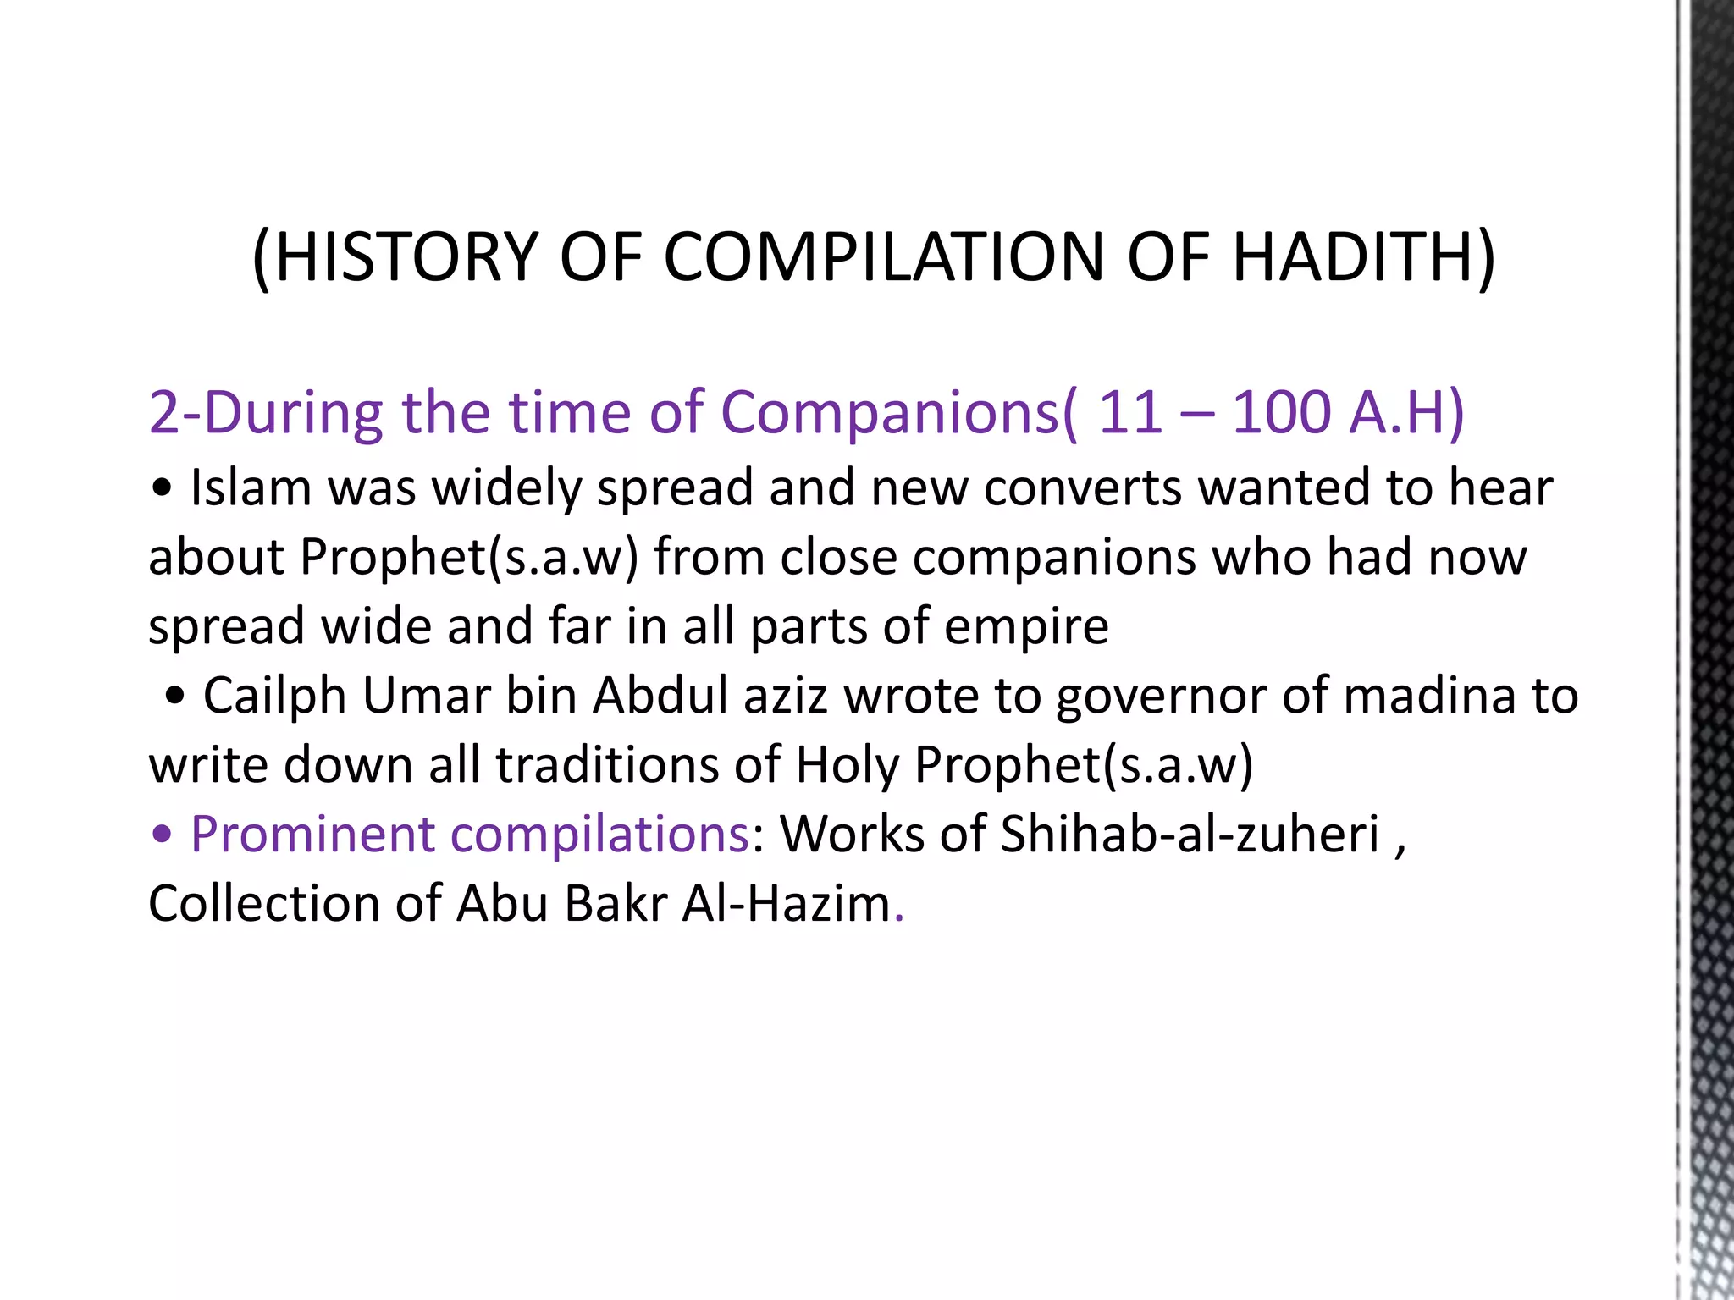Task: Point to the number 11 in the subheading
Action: (x=1129, y=413)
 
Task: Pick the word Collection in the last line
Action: (x=264, y=904)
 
